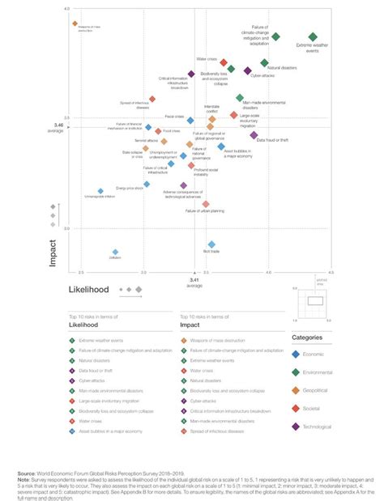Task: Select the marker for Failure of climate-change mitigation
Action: tap(275, 36)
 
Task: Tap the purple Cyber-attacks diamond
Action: tap(248, 70)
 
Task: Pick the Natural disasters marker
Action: tap(264, 62)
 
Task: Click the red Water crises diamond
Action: tap(224, 62)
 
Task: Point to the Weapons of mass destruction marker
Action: tap(75, 24)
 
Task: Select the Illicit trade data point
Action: tap(211, 244)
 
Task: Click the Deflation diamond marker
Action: tap(115, 252)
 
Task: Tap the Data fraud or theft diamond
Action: tap(254, 135)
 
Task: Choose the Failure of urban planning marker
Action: tap(206, 204)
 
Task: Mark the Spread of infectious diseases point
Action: tap(151, 99)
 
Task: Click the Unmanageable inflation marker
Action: tap(100, 191)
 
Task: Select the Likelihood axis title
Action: tap(89, 288)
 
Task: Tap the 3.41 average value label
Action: tap(194, 282)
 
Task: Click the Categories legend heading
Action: tap(307, 337)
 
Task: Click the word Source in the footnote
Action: tap(28, 470)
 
